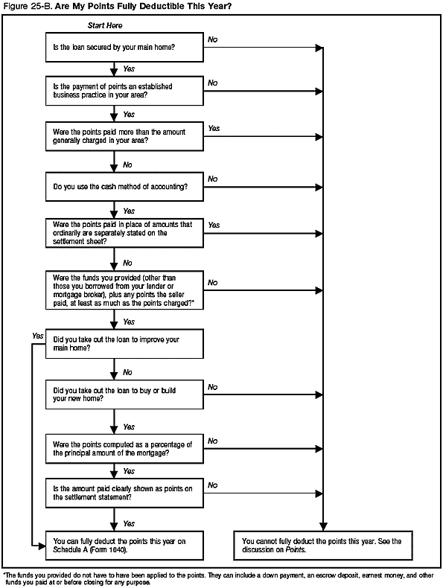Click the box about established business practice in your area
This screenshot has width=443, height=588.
(124, 91)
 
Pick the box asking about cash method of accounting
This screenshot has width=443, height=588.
(124, 188)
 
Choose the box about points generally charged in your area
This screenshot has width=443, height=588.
(124, 136)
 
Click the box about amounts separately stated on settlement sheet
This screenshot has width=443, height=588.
(124, 233)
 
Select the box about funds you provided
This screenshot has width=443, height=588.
(124, 289)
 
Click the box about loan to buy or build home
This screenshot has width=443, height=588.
(124, 394)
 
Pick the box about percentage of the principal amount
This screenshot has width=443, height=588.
(124, 448)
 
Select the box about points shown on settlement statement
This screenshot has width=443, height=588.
(124, 493)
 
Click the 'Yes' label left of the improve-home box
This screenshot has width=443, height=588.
(38, 336)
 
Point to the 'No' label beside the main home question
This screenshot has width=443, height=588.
(212, 37)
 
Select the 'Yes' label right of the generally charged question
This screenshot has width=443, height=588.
(214, 128)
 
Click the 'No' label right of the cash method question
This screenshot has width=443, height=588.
(212, 179)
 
